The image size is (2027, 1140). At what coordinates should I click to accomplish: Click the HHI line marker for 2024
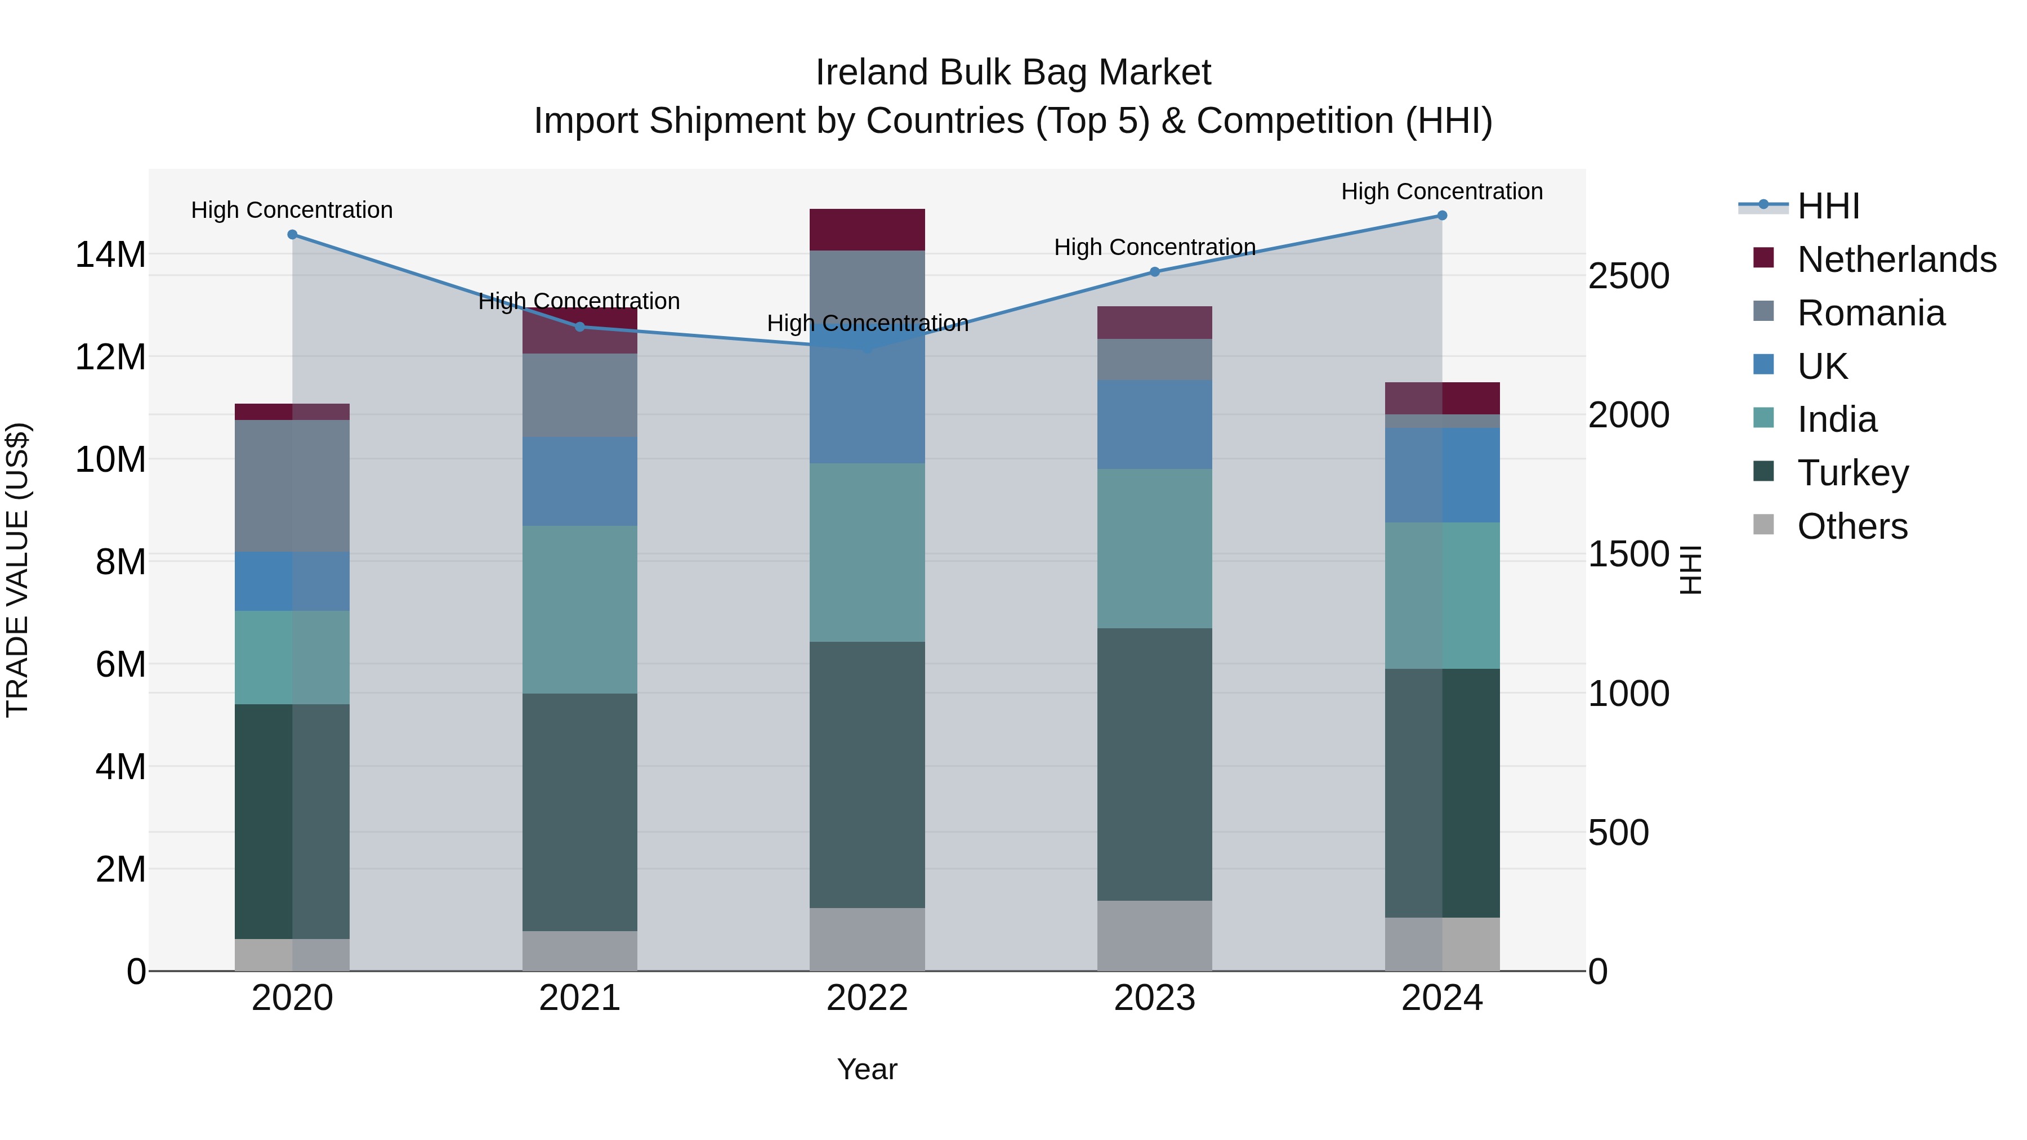click(1441, 216)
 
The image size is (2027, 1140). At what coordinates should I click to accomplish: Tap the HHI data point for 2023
click(1154, 272)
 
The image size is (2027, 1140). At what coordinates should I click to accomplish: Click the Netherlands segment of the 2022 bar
click(867, 230)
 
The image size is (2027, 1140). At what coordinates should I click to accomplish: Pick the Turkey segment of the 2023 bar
click(1154, 764)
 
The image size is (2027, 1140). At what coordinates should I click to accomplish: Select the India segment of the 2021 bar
click(580, 610)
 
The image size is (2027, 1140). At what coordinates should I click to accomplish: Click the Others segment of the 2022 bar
click(867, 940)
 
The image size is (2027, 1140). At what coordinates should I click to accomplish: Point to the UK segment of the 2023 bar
click(1154, 425)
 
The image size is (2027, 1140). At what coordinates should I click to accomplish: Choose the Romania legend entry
click(1870, 313)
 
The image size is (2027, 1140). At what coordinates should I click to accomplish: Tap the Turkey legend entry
click(1852, 473)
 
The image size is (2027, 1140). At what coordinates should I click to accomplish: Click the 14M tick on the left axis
click(110, 255)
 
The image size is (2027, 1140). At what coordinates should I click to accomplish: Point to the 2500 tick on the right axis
click(1628, 276)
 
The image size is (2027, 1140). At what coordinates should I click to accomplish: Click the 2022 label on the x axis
click(867, 998)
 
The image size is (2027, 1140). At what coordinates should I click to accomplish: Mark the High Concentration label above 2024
click(1441, 191)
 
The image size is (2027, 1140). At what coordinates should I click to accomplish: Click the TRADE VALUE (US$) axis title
click(17, 570)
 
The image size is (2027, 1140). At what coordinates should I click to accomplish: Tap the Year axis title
click(867, 1069)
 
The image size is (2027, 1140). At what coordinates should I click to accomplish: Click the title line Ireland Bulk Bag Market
click(1013, 73)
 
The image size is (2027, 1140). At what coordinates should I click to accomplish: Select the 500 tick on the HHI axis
click(1618, 833)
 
